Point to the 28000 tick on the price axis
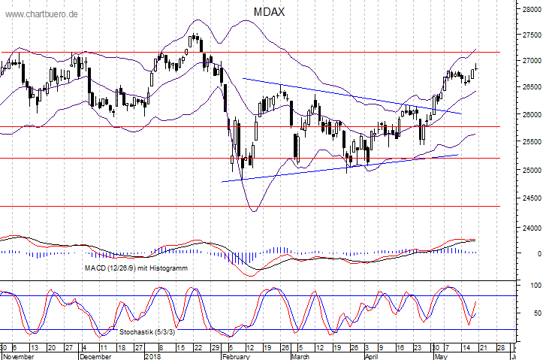[530, 10]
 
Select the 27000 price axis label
[530, 60]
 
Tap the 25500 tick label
[530, 142]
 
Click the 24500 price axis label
[530, 198]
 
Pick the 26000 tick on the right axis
[530, 115]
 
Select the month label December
[96, 356]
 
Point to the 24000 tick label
[530, 228]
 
